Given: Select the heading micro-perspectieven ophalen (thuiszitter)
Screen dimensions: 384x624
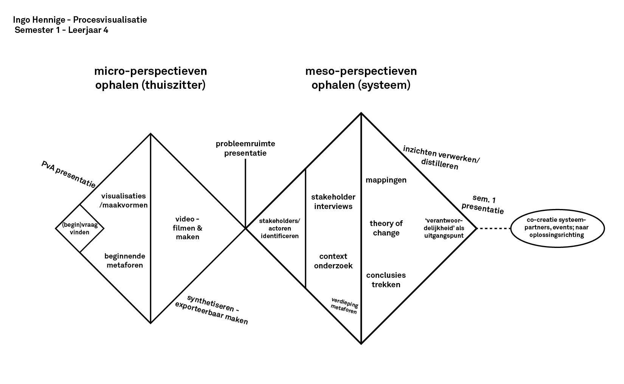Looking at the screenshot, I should (151, 78).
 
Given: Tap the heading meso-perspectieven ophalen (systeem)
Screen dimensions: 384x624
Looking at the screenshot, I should (361, 78).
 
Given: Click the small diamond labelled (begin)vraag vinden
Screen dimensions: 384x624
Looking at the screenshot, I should (79, 228).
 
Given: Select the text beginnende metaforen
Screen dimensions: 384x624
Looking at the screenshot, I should (125, 260).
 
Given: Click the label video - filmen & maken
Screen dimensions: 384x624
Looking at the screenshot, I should (188, 228).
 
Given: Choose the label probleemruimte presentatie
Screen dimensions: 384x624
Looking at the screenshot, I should (245, 149).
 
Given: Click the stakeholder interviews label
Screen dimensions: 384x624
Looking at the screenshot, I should (333, 201).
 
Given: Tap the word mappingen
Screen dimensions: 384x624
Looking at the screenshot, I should (386, 180).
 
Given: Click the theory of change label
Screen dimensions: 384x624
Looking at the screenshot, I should (386, 228).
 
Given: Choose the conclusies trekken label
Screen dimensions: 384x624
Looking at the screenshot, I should (386, 280).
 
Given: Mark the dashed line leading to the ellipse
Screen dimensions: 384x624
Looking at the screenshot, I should (493, 228).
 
